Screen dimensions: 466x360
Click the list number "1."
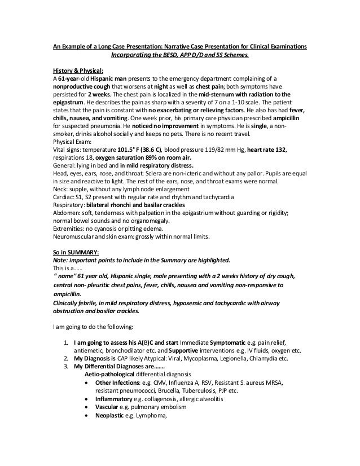[67, 344]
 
